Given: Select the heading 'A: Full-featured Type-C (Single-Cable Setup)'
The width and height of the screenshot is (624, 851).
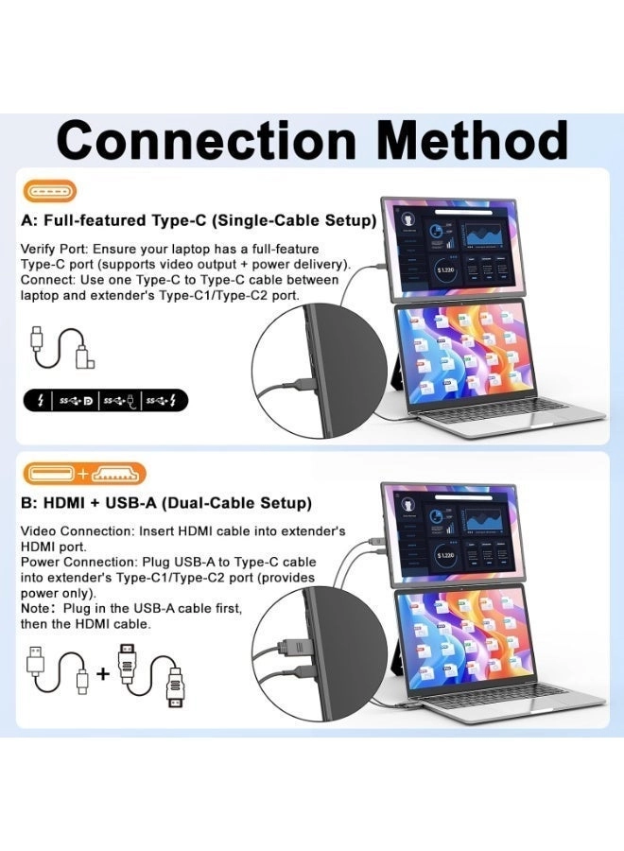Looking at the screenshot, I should pos(199,220).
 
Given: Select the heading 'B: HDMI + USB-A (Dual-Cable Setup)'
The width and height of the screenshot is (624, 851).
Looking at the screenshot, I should pos(166,503).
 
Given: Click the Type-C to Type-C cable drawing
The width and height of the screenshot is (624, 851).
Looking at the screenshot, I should pos(62,346).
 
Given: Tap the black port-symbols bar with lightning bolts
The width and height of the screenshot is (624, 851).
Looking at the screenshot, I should pos(105,401).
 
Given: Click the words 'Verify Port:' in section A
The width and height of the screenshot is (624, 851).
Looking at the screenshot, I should pos(52,248).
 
